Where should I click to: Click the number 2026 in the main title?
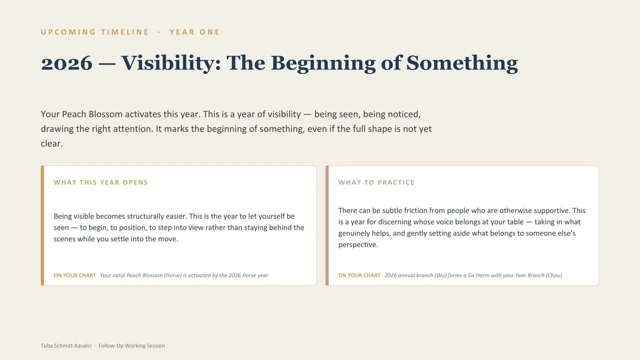[66, 63]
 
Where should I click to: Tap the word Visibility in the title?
[171, 63]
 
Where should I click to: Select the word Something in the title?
[462, 63]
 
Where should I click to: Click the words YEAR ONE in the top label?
[194, 32]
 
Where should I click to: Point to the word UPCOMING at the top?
[68, 32]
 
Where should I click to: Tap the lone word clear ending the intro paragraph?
[51, 143]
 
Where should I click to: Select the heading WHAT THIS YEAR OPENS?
[101, 182]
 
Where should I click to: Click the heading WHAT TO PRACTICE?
[376, 182]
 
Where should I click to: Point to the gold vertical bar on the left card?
[42, 225]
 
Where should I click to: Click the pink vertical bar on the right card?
[327, 225]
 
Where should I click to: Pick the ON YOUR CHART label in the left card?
[75, 275]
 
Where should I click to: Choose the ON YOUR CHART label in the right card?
[359, 275]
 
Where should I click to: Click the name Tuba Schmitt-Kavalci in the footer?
[66, 345]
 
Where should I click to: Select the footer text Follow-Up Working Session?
[131, 345]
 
